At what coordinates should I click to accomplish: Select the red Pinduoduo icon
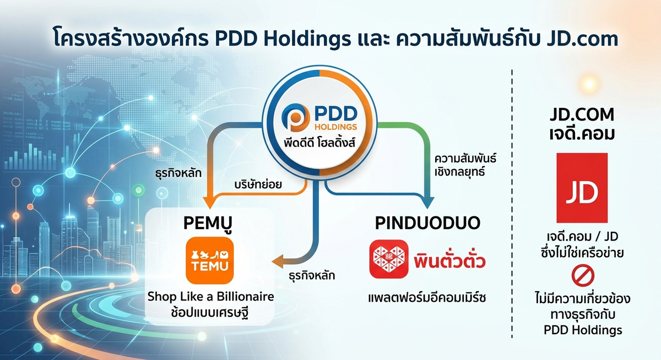click(x=388, y=259)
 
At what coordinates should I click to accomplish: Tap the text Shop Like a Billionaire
click(x=210, y=297)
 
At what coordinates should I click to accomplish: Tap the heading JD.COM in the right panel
click(x=582, y=114)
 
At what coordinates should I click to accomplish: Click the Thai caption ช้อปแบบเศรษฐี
click(x=210, y=314)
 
